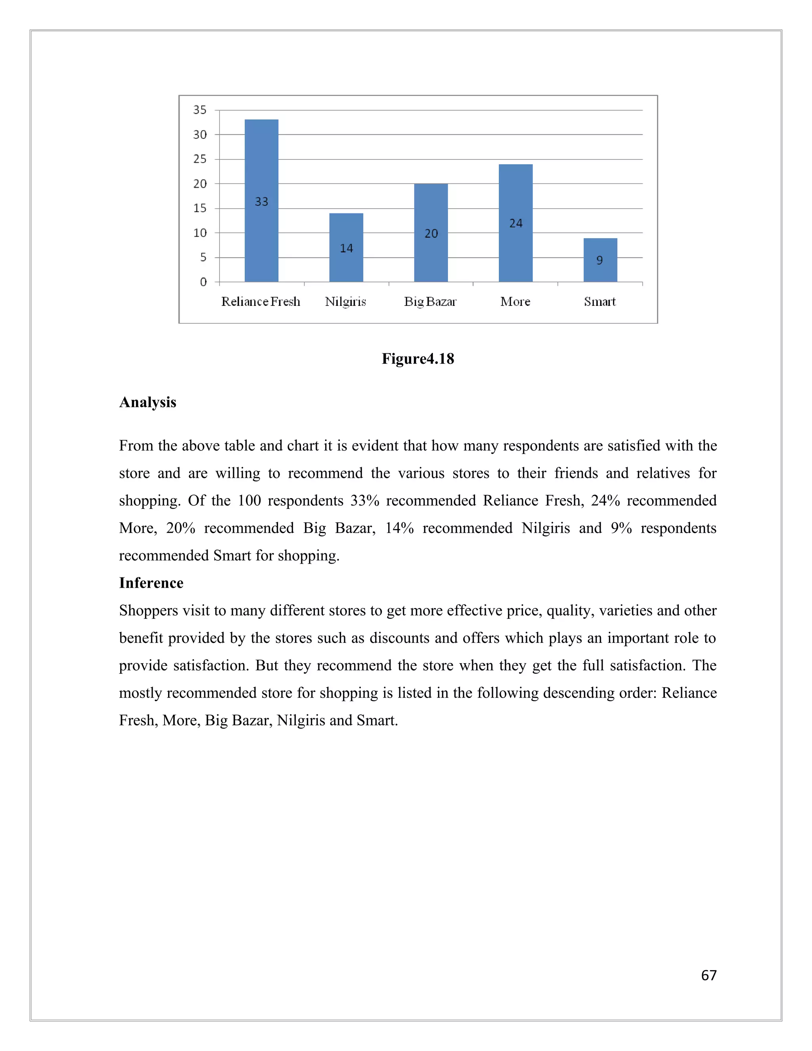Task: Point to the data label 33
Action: tap(261, 201)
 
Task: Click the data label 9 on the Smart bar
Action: tap(599, 260)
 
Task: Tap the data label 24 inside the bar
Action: tap(516, 223)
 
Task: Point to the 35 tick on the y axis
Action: tap(200, 110)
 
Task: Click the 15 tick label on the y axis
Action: tap(200, 208)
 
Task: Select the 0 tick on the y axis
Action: tap(203, 282)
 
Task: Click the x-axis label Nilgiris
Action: tap(345, 302)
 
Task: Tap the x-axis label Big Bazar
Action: tap(430, 302)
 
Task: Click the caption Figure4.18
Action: tap(417, 359)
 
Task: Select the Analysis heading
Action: tap(147, 402)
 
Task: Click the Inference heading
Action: tap(151, 583)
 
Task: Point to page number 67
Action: tap(709, 975)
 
